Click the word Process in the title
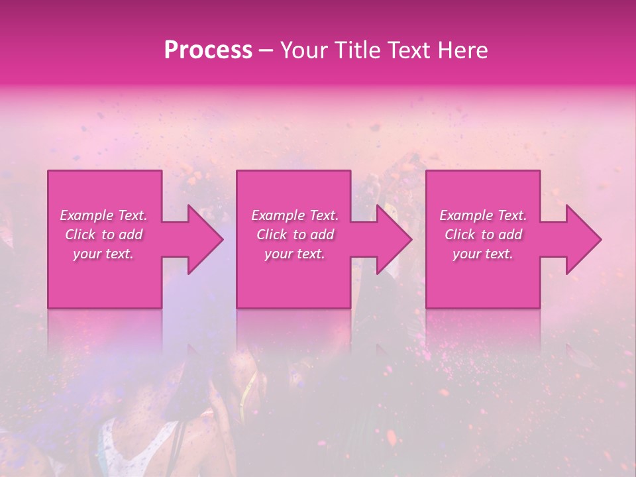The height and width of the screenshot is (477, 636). point(208,50)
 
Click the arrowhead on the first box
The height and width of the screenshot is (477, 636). point(201,239)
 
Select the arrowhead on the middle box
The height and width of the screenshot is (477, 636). point(391,239)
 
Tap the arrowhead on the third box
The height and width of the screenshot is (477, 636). point(580,239)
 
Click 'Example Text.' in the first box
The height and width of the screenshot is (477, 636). point(103,215)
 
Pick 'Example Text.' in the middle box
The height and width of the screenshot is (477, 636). point(295,215)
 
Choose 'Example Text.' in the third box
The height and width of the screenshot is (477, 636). point(483,215)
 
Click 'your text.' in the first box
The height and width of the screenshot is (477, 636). point(103,254)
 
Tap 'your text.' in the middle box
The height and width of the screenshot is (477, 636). point(295,254)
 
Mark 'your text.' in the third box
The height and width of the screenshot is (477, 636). point(483,254)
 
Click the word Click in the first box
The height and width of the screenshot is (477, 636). point(80,235)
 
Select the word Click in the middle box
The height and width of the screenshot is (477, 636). point(272,235)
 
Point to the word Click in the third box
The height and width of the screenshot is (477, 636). point(460,235)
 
